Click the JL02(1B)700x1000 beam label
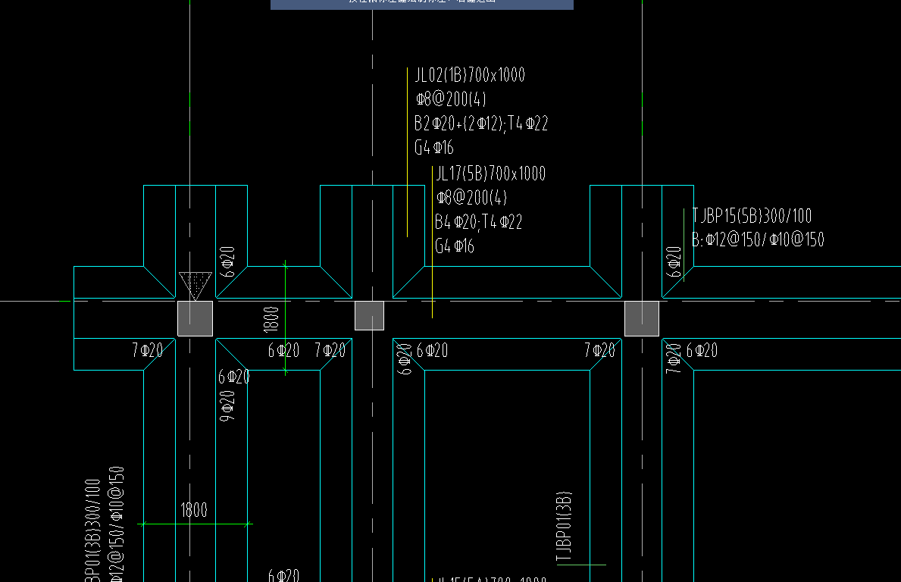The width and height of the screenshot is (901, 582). (470, 75)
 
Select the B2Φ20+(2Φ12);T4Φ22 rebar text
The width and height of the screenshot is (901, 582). (480, 124)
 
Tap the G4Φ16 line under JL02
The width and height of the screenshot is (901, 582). (434, 148)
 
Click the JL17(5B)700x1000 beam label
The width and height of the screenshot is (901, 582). (490, 174)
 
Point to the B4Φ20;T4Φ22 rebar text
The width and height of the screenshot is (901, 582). (478, 222)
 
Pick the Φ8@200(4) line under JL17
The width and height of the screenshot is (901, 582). (471, 198)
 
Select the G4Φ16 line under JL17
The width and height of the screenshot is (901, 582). (455, 246)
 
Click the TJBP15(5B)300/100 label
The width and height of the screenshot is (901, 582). (752, 216)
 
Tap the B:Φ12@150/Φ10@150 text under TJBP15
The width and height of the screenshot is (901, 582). (758, 240)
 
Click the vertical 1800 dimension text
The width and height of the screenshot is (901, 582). (271, 319)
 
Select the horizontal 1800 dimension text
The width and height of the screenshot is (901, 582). (194, 510)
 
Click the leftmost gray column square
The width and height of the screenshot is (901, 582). (195, 318)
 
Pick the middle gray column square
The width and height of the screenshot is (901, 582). (369, 315)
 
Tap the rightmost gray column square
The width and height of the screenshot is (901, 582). (641, 318)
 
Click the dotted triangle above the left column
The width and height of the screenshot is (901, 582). (195, 283)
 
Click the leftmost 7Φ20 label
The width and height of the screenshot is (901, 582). (147, 350)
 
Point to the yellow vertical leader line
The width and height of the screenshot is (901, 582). (432, 242)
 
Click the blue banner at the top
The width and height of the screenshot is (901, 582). (421, 5)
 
